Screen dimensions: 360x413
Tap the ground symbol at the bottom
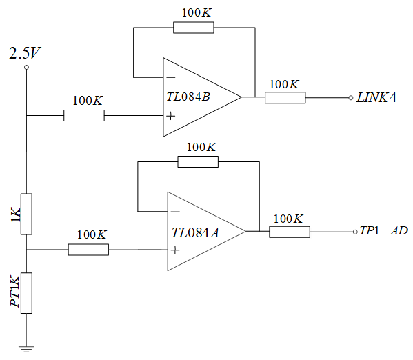pyautogui.click(x=26, y=348)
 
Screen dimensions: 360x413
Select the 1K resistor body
pyautogui.click(x=26, y=213)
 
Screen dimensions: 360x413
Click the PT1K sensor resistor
pyautogui.click(x=26, y=292)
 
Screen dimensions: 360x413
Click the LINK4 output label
pyautogui.click(x=377, y=97)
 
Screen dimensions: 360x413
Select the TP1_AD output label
pyautogui.click(x=384, y=231)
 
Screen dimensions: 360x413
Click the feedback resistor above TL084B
pyautogui.click(x=193, y=28)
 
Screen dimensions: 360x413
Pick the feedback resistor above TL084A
pyautogui.click(x=198, y=161)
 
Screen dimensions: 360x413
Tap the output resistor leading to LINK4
pyautogui.click(x=285, y=97)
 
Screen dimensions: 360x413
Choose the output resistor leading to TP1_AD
pyautogui.click(x=289, y=232)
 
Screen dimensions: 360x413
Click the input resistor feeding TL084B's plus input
pyautogui.click(x=84, y=116)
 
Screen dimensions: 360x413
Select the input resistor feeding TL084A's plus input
pyautogui.click(x=88, y=250)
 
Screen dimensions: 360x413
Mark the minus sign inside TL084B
pyautogui.click(x=170, y=77)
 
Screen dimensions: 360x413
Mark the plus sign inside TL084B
pyautogui.click(x=170, y=116)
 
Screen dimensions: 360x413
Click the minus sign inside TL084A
pyautogui.click(x=175, y=211)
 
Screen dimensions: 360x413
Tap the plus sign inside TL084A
pyautogui.click(x=175, y=250)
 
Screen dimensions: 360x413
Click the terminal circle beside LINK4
pyautogui.click(x=351, y=97)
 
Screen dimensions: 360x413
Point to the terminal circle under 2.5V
pyautogui.click(x=26, y=68)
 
